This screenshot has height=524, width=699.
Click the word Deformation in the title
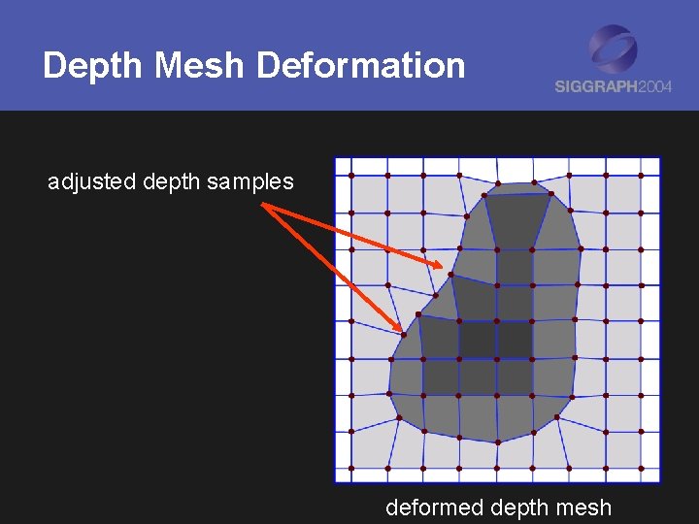tap(361, 66)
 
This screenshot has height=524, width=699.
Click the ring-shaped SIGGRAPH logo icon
tap(613, 48)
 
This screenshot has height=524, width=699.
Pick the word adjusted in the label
tap(91, 181)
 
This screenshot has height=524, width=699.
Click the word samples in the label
tap(250, 181)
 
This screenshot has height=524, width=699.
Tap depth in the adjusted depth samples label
tap(171, 181)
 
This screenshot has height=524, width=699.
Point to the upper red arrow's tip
tap(443, 268)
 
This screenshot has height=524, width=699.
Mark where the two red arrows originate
tap(264, 205)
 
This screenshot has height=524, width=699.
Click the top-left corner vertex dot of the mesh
tap(350, 176)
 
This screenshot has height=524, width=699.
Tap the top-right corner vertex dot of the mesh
tap(641, 176)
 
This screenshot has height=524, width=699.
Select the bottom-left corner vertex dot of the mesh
tap(350, 468)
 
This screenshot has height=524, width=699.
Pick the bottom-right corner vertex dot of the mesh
tap(642, 468)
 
